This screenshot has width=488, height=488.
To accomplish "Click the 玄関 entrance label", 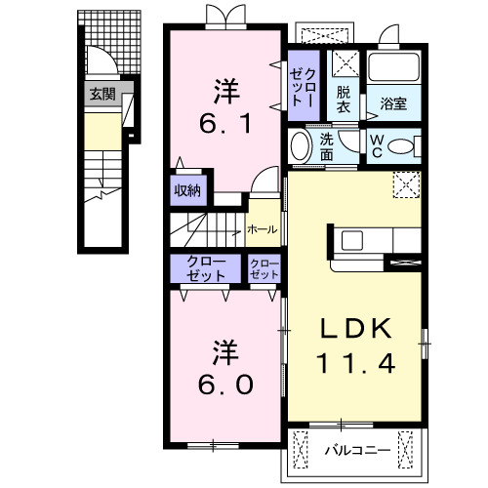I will click(102, 95).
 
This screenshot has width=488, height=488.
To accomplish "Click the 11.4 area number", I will click(356, 365).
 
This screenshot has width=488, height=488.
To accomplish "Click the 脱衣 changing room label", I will click(344, 100).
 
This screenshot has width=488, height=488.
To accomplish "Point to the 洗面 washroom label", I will click(325, 146).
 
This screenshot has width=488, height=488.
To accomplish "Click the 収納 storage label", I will click(187, 190).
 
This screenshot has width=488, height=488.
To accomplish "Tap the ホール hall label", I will click(262, 230).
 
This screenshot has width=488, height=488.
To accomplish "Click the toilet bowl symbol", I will click(401, 147).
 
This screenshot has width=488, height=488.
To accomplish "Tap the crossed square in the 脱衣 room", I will click(344, 64).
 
